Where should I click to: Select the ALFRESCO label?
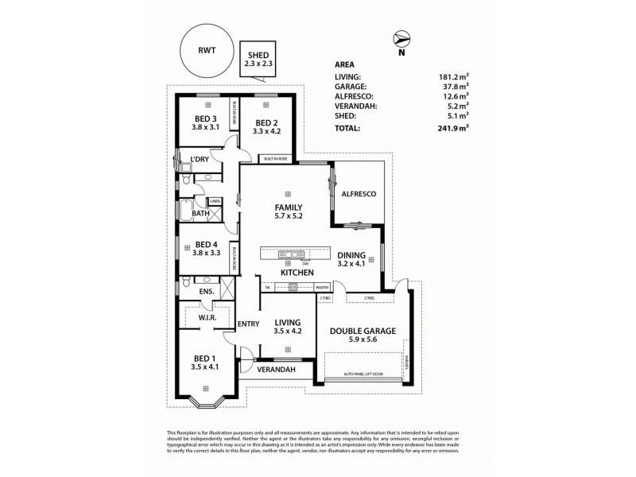pos(358,194)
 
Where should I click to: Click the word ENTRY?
pos(249,324)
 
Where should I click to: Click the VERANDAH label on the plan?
pos(276,370)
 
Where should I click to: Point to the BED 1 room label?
pos(205,363)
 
